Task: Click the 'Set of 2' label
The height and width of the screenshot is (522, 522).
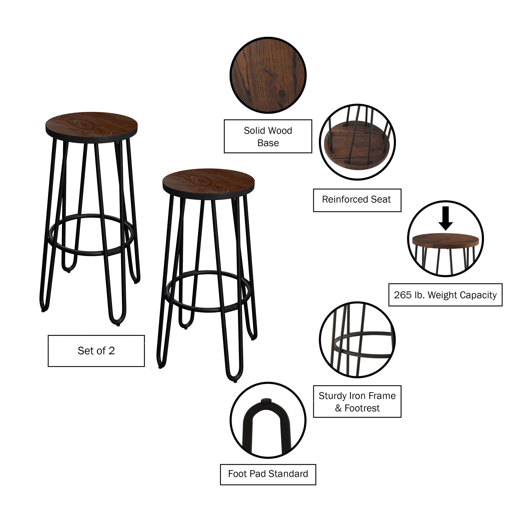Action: [96, 351]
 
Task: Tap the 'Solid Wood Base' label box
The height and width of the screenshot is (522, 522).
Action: [268, 136]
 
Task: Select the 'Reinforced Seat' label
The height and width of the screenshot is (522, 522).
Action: [357, 200]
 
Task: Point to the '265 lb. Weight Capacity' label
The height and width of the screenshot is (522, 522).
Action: [445, 295]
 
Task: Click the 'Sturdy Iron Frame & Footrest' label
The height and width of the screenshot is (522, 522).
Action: [357, 402]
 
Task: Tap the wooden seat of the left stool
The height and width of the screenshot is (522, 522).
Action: [91, 124]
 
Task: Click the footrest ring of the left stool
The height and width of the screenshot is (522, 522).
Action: [90, 254]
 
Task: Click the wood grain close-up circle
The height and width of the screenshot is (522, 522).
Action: [268, 75]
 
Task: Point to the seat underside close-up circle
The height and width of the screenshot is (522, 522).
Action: [357, 142]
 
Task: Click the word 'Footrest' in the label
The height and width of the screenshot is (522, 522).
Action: [362, 408]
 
